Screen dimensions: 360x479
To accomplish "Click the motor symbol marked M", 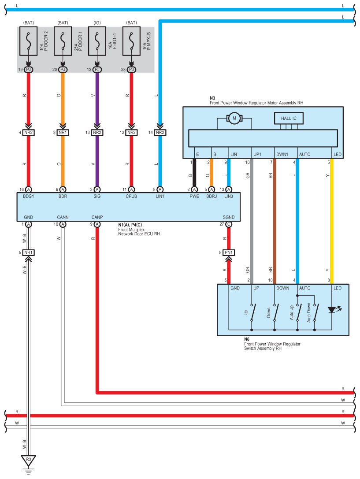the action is (x=234, y=118).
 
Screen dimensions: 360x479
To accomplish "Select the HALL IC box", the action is (x=289, y=118).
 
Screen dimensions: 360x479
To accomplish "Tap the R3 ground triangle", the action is (x=28, y=460).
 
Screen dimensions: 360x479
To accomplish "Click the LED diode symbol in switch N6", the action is (x=332, y=310).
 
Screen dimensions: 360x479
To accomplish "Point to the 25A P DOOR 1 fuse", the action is (x=63, y=41).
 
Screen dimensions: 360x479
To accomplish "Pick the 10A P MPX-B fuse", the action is (x=132, y=41).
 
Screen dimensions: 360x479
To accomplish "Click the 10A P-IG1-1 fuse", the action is (x=97, y=41).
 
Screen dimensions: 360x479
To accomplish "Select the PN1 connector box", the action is (x=229, y=252).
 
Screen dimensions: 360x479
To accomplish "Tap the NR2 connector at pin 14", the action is (x=160, y=133).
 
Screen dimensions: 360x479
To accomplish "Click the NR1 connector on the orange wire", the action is (x=63, y=133).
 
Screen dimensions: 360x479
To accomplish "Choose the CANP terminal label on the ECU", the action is (x=97, y=217).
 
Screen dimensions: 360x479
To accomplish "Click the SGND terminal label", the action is (x=229, y=217).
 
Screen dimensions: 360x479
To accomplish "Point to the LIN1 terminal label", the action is (x=160, y=196).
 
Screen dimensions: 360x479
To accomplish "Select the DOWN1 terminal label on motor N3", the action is (x=282, y=154).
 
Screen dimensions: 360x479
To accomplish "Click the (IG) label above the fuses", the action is (x=97, y=23).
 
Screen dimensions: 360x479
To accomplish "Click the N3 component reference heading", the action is (x=212, y=98).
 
